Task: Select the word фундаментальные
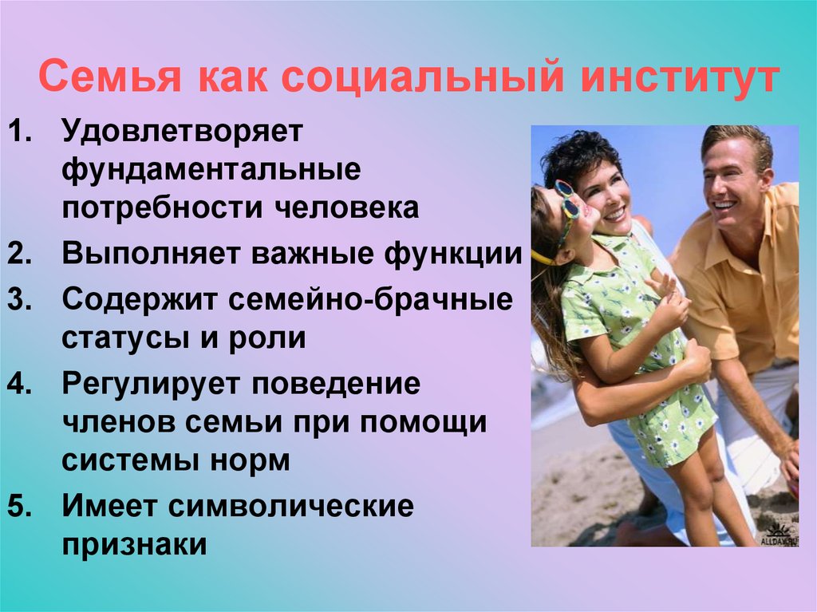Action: click(x=211, y=169)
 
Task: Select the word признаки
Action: click(x=134, y=544)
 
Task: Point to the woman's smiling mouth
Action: click(x=616, y=215)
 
